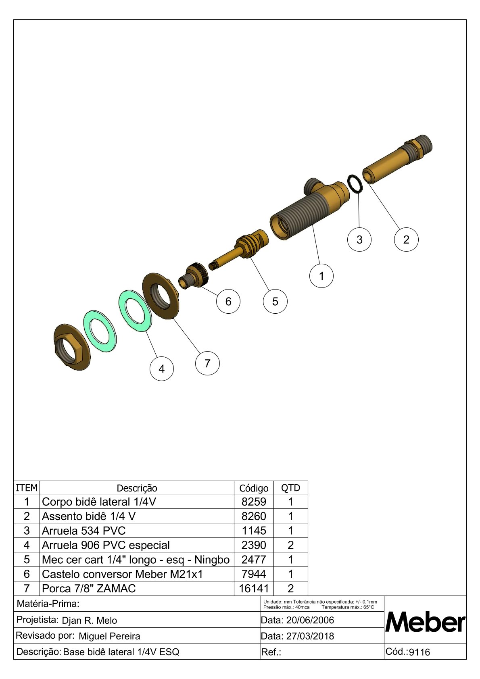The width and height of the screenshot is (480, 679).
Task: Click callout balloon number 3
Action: pos(359,240)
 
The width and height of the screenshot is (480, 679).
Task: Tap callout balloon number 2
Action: pos(406,240)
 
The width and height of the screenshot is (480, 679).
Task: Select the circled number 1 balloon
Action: pos(321,276)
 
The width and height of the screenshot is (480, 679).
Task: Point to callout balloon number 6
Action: pos(228,301)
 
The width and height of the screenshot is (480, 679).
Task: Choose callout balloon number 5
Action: pos(275,301)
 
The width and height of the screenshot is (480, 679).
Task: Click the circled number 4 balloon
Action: pos(161,369)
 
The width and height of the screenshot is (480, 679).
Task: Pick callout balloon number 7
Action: pos(207,363)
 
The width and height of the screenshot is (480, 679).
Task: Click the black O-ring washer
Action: pos(355,184)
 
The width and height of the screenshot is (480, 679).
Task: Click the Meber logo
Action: pos(425,623)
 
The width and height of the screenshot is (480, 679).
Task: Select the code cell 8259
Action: pos(254,502)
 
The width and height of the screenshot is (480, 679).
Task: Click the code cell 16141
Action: pos(254,589)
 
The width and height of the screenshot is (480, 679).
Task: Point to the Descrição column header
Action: pos(137,488)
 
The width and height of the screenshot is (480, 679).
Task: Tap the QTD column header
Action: pos(290,488)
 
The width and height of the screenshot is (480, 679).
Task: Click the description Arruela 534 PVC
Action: pos(84,531)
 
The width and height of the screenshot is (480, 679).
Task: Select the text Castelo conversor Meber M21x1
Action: pos(122,574)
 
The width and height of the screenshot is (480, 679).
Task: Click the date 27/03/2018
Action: pos(310,636)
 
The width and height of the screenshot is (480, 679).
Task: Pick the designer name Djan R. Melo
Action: pos(89,621)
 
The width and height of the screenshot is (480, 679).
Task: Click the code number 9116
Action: pos(419,652)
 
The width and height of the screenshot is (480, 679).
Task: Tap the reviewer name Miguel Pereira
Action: pos(109,636)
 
